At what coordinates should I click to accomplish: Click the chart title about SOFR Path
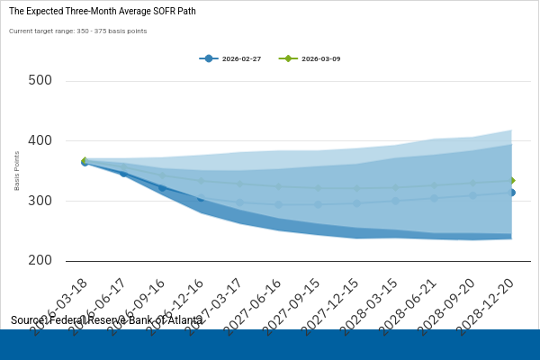pos(102,12)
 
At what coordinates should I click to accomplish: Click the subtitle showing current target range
pos(77,31)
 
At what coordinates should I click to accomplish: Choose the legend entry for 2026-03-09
pos(311,58)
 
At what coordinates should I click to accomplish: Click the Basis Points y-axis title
pos(16,171)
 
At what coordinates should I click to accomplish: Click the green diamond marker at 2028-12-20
pos(511,181)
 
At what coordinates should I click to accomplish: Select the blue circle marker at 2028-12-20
pos(511,193)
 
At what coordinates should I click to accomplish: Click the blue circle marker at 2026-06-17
pos(123,173)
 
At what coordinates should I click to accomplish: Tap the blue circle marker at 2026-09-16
pos(162,188)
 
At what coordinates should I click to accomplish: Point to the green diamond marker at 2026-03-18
pos(85,160)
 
